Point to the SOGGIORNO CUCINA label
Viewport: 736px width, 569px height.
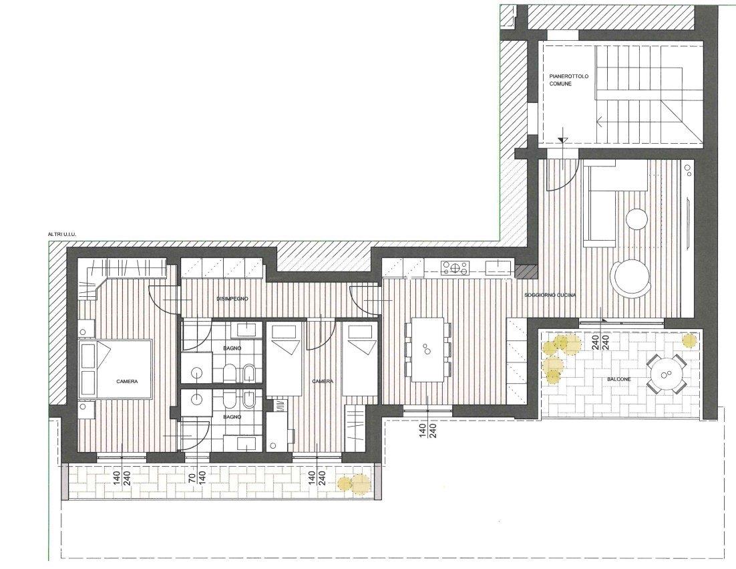pos(550,295)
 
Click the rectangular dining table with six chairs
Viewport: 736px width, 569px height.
pos(427,348)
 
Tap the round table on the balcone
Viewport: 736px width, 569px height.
pos(666,374)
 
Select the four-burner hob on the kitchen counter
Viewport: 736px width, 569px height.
pos(454,268)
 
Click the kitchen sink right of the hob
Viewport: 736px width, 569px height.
pos(498,267)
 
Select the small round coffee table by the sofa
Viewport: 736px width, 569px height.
pos(637,219)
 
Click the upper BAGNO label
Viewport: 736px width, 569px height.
pos(233,348)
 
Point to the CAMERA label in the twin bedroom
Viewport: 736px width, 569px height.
pos(323,382)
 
